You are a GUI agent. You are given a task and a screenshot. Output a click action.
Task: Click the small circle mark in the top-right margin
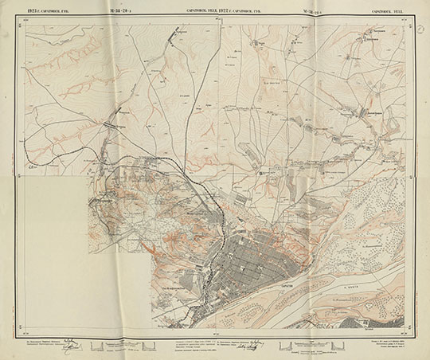pos(420,27)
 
